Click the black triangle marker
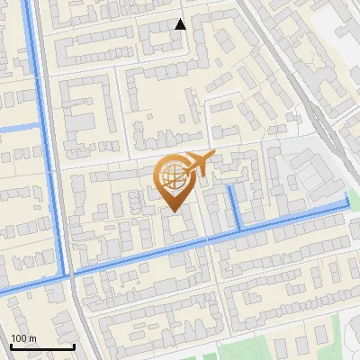[181, 24]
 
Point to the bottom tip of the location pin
[171, 211]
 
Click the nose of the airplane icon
[213, 155]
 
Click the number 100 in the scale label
[18, 338]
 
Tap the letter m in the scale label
[32, 338]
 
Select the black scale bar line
[42, 346]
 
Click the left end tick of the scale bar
[11, 345]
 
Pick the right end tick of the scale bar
[74, 345]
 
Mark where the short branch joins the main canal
[238, 231]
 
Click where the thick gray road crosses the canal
[68, 273]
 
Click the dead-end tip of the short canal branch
[230, 187]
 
